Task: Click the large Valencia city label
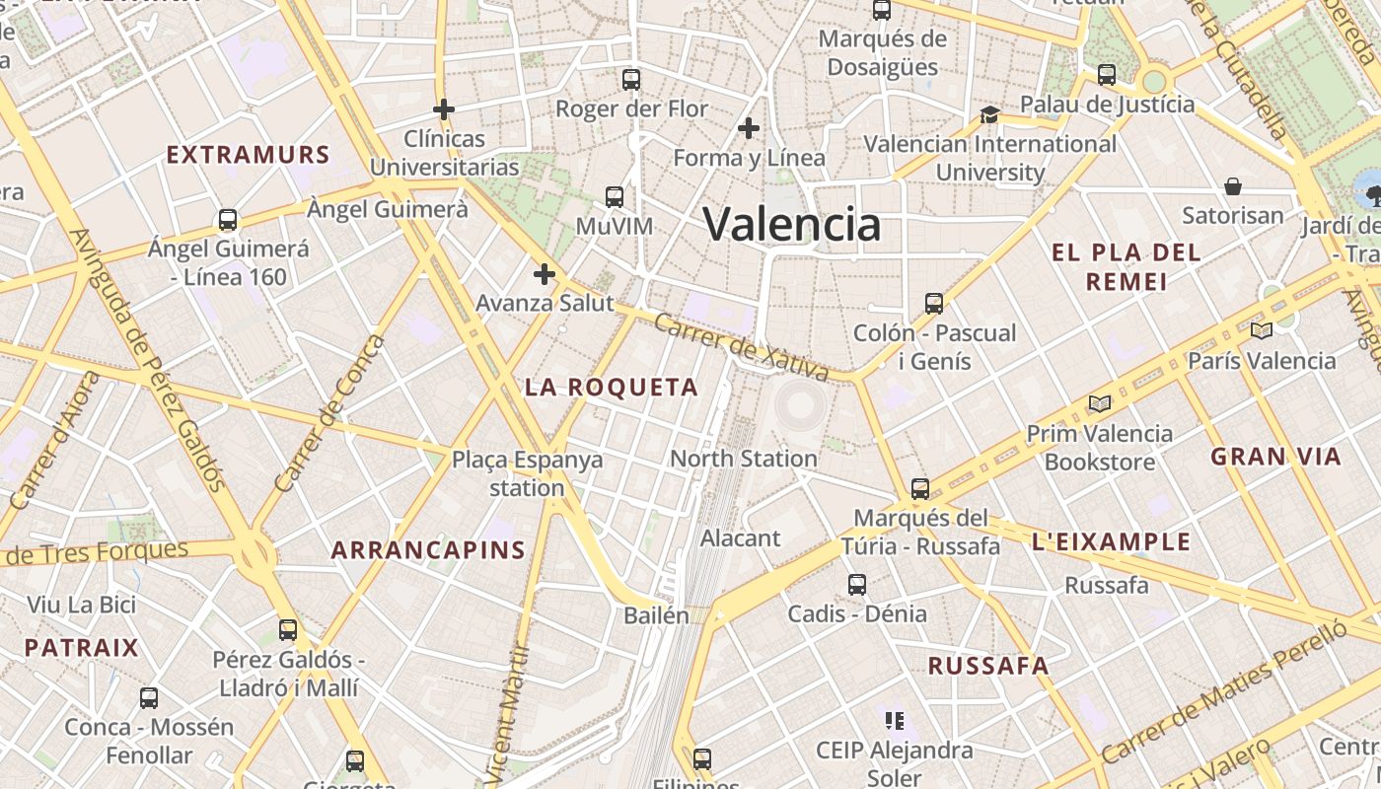tap(791, 224)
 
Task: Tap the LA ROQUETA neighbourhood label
tap(611, 388)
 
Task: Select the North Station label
tap(743, 459)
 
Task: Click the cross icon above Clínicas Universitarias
tap(444, 108)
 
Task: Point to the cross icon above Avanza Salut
tap(544, 274)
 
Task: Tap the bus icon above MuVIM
tap(615, 197)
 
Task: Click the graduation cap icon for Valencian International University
tap(989, 115)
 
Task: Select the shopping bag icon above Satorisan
tap(1232, 186)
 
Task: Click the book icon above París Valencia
tap(1261, 330)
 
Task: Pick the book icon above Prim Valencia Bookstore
tap(1099, 403)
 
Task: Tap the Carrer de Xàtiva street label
tap(742, 347)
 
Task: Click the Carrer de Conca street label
tap(330, 414)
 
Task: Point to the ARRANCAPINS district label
tap(428, 550)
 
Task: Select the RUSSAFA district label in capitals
tap(987, 666)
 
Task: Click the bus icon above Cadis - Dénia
tap(856, 585)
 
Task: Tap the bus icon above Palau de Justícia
tap(1107, 75)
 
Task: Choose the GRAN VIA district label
tap(1275, 457)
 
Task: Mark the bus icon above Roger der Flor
tap(631, 80)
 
